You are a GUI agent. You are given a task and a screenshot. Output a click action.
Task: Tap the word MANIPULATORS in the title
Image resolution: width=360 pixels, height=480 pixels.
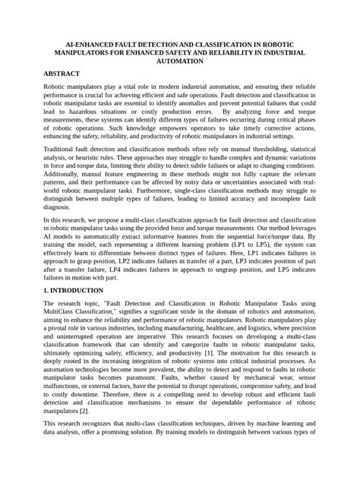pos(86,55)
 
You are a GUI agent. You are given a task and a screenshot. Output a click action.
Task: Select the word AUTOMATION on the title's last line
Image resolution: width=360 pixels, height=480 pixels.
pos(179,65)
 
